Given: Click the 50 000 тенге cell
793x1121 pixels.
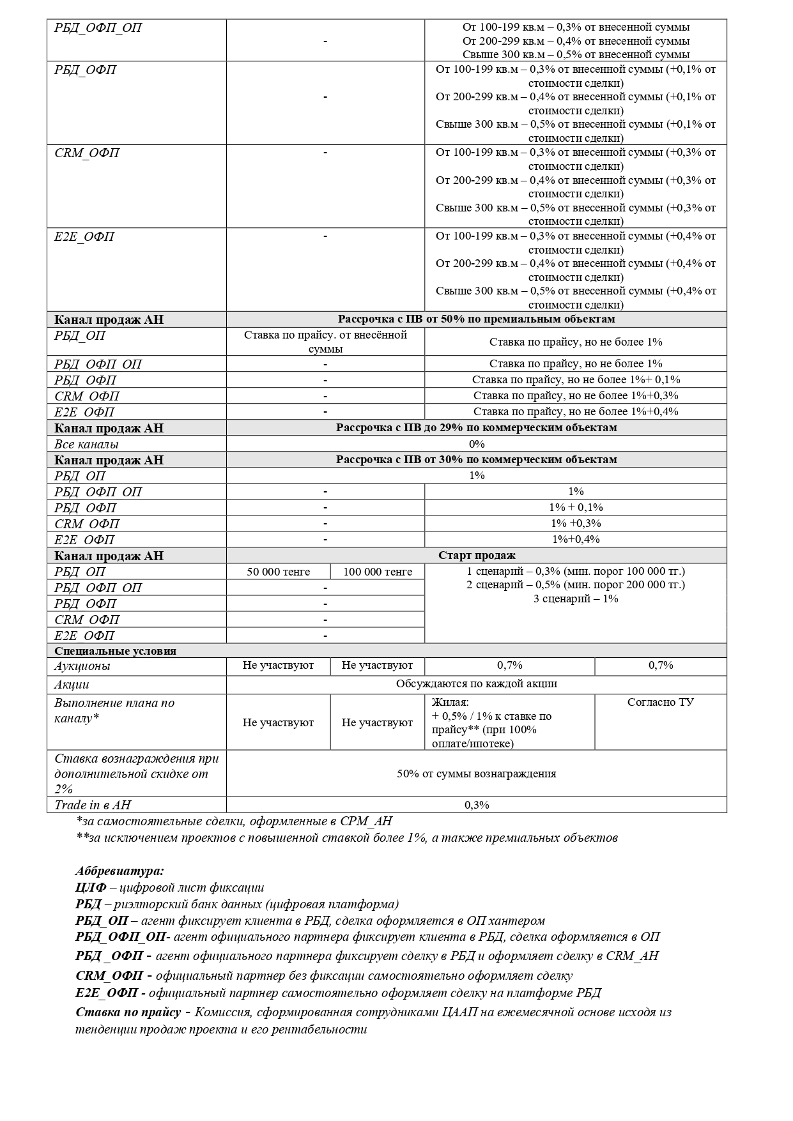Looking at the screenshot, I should tap(278, 572).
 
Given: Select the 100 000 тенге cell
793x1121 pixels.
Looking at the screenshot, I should tap(378, 572).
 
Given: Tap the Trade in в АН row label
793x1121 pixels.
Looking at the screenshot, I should tap(93, 805).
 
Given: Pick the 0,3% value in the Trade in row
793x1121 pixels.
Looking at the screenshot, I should tap(477, 805).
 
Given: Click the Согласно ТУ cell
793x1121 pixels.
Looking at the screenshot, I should tap(661, 702).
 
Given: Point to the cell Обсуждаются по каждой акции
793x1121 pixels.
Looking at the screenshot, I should tap(477, 683).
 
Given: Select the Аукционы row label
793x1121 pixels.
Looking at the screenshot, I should tap(82, 666).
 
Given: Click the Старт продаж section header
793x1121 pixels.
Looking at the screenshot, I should tap(477, 555).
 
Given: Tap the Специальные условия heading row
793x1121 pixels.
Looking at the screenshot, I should tap(116, 651).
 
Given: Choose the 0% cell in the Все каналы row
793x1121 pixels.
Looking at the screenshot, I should tap(477, 444).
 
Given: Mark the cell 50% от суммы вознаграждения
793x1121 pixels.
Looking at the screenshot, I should tap(477, 774).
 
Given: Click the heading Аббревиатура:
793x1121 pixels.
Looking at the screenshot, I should tap(119, 871).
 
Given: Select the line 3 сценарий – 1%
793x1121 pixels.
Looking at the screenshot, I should tap(576, 599).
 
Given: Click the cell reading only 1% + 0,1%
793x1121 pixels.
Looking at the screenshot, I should tap(576, 507).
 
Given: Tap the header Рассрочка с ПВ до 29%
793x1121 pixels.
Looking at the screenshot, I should tap(477, 427).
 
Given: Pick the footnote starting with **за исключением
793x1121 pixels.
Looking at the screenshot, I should tap(347, 837).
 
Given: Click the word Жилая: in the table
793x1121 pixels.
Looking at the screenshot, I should tap(450, 702).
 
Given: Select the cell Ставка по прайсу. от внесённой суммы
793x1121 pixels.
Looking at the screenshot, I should tap(325, 342).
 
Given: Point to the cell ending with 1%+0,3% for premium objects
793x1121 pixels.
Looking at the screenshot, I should tap(576, 395).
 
